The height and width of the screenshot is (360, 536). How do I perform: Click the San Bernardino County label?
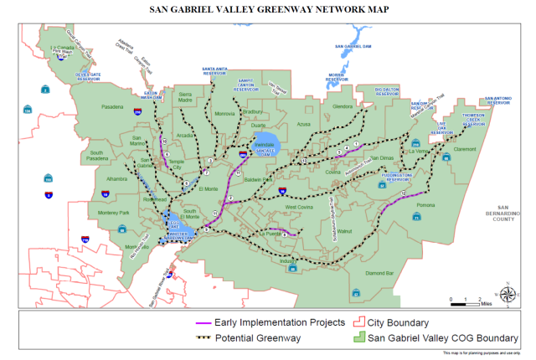[503, 213]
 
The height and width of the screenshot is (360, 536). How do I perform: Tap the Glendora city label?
[343, 107]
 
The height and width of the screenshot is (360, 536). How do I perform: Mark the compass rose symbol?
[508, 294]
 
